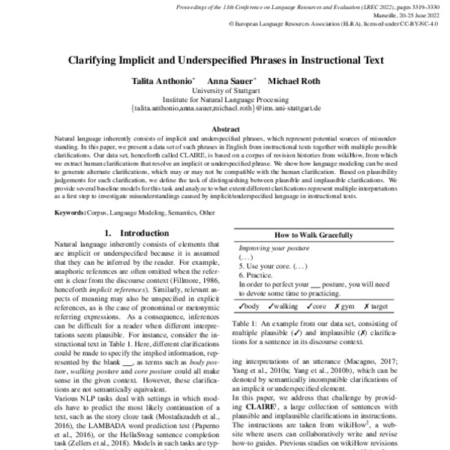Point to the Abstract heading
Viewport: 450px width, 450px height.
coord(226,129)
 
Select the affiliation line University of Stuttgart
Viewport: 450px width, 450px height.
coord(226,90)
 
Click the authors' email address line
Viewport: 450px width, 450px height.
coord(226,108)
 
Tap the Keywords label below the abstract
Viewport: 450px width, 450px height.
coord(76,214)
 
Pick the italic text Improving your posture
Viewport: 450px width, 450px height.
coord(274,247)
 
